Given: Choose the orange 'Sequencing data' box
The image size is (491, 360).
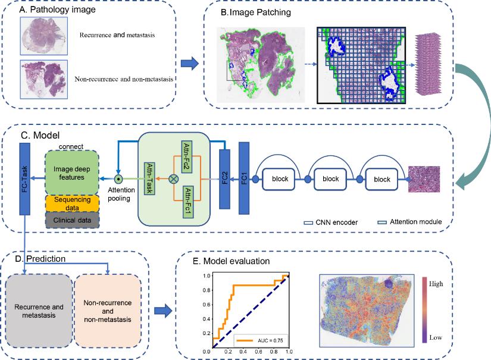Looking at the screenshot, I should point(73,203).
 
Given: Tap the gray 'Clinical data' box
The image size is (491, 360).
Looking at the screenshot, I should point(73,220).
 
